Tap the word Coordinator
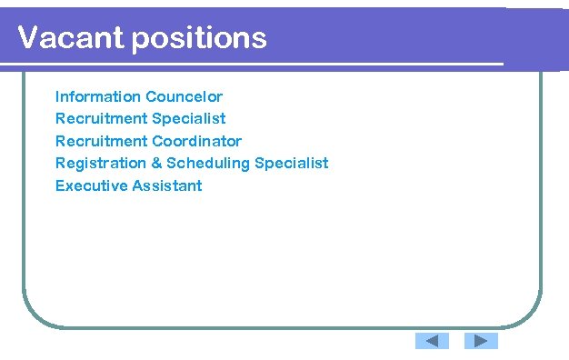click(x=197, y=141)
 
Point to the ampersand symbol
click(x=155, y=164)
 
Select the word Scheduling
click(x=208, y=164)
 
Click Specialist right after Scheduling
click(x=292, y=164)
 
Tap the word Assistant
click(x=167, y=185)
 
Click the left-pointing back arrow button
click(x=433, y=341)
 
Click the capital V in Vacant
click(x=28, y=38)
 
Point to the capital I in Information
click(x=57, y=96)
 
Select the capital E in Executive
click(x=60, y=185)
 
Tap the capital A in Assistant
click(x=137, y=185)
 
